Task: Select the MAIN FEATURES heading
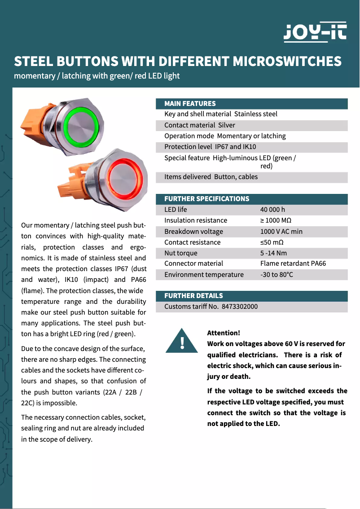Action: (190, 104)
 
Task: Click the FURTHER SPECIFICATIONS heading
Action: (206, 199)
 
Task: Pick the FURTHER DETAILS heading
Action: (193, 296)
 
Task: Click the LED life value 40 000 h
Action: (272, 210)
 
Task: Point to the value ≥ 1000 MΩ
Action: (276, 220)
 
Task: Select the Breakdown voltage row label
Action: (193, 232)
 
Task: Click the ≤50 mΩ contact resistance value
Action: (272, 242)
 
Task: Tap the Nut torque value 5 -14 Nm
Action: (273, 253)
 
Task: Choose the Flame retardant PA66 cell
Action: (293, 263)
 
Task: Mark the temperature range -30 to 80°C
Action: (277, 275)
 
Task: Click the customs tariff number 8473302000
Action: (240, 307)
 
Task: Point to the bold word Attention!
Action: (224, 333)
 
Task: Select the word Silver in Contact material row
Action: (227, 125)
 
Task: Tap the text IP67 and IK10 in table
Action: (236, 147)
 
